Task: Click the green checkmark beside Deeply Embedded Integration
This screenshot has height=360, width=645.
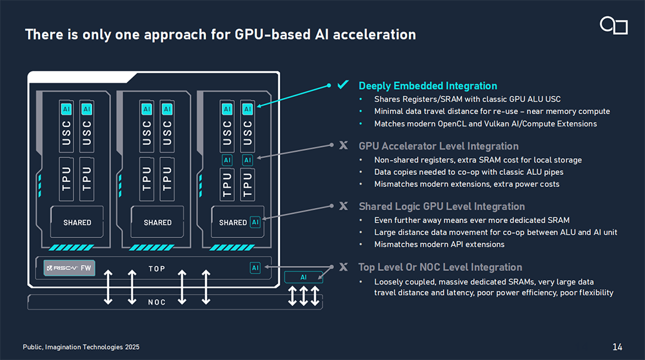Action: [x=343, y=85]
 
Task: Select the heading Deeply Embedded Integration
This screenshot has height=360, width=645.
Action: [x=428, y=86]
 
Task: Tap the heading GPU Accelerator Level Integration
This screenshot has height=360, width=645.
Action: [x=438, y=146]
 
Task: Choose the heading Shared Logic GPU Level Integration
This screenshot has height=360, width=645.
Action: [x=441, y=206]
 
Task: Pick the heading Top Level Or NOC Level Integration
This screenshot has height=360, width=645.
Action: [x=440, y=267]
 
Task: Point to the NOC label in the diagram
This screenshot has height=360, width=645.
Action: [x=157, y=302]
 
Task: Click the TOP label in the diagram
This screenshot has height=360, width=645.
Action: [x=157, y=268]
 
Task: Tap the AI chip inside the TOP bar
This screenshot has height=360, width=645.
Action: [x=255, y=268]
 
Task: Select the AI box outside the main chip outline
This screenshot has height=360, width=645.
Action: [x=304, y=277]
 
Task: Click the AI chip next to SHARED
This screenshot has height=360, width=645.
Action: [x=255, y=223]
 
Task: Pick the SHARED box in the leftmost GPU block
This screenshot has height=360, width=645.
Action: [x=77, y=223]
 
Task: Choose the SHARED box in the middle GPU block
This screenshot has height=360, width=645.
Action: [x=157, y=223]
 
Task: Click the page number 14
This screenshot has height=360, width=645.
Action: [x=617, y=347]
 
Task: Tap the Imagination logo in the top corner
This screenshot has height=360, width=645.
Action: [x=613, y=25]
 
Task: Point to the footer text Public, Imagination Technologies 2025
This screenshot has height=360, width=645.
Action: [x=81, y=347]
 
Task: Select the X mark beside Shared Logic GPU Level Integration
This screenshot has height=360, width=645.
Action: [x=343, y=206]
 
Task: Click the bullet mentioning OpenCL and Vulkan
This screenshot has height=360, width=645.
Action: [x=485, y=123]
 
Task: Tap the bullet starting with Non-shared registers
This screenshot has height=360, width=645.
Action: [x=477, y=159]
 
